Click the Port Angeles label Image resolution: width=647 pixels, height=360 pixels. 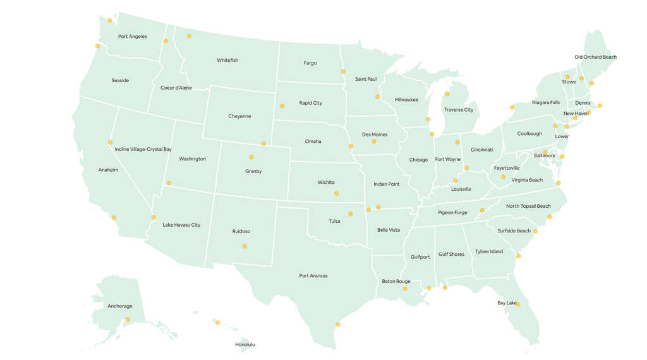pos(132,37)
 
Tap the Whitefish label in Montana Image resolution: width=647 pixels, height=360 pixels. pos(227,61)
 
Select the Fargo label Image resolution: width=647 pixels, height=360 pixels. pos(310,63)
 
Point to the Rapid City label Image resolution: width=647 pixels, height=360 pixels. pos(310,103)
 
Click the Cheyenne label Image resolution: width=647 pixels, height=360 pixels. pos(239,116)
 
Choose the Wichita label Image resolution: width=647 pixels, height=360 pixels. pos(326,183)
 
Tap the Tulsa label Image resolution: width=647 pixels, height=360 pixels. pos(334,221)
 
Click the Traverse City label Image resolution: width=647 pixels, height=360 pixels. pos(458,110)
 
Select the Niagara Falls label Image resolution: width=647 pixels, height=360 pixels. pos(545,102)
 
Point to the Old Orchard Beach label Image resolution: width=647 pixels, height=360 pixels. pos(595,57)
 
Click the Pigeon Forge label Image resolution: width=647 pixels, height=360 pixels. pos(452,213)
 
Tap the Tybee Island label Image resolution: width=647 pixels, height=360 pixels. pos(489,251)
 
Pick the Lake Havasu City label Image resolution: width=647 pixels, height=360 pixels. pos(181,225)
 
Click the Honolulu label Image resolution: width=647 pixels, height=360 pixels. pos(245,345)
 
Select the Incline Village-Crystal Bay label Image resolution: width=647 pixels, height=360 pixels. pos(143,150)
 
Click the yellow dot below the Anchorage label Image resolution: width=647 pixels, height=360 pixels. pos(128,320)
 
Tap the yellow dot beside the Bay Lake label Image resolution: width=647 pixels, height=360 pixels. pos(517,304)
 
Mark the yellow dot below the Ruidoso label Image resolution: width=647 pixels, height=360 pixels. pos(245,246)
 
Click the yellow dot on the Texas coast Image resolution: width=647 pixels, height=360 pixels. pos(337,324)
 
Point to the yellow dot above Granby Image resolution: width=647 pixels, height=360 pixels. pos(251,157)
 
